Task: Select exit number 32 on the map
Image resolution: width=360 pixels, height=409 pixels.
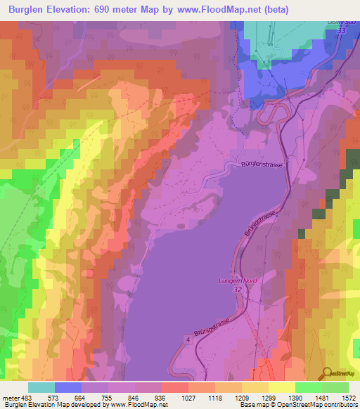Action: (238, 289)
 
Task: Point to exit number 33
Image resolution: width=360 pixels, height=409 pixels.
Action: (342, 31)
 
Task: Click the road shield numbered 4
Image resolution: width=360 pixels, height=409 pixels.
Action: (188, 340)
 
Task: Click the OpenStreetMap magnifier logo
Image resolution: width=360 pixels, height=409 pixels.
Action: (326, 374)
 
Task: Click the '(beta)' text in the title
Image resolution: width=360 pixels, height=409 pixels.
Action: (275, 9)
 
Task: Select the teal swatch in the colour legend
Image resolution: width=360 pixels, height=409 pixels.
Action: (41, 387)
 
